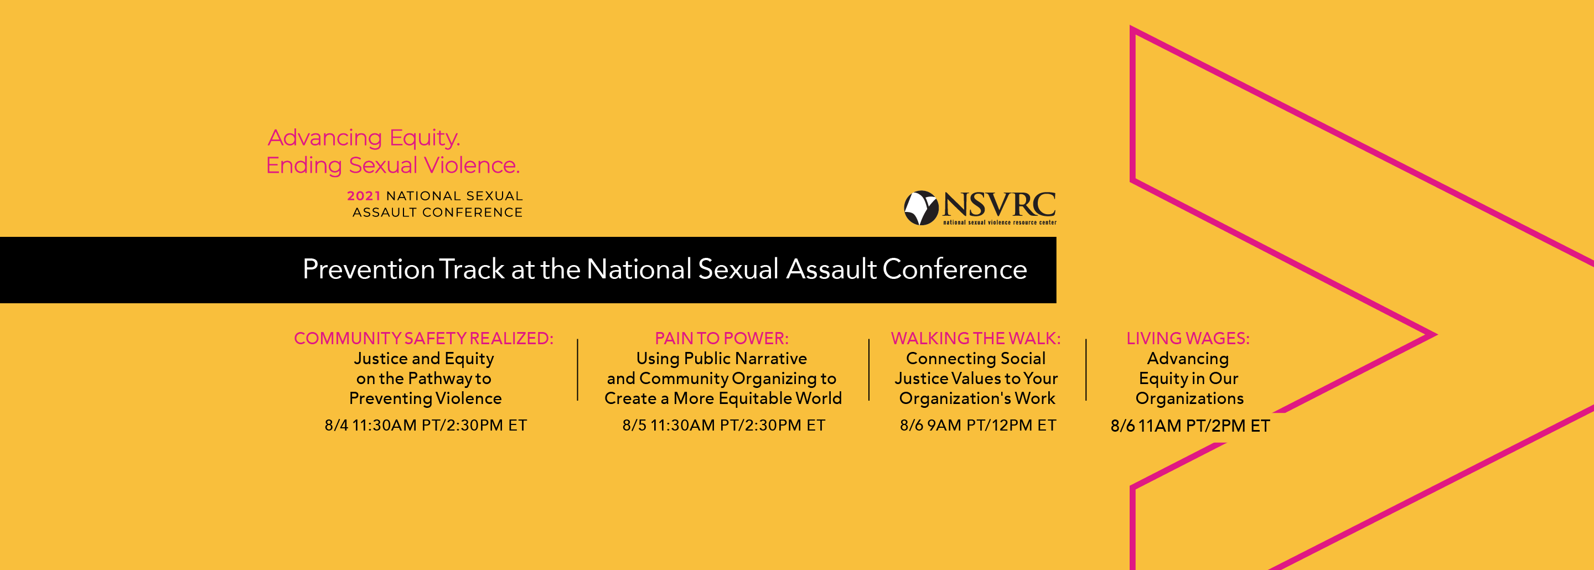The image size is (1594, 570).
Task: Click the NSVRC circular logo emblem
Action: (922, 208)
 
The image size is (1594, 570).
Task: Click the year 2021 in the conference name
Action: (364, 196)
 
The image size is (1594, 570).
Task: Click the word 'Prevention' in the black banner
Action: (369, 269)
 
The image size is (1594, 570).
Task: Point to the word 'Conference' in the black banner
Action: (955, 269)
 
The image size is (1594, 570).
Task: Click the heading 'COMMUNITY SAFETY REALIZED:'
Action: (424, 339)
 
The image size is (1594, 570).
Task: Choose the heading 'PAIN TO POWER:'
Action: (722, 339)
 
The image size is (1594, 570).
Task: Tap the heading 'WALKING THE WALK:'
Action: (976, 339)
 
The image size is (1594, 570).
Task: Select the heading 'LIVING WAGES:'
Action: (1188, 339)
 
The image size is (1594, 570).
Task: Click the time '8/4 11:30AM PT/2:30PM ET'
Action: (426, 425)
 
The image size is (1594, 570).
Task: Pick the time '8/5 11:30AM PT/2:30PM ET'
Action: (724, 425)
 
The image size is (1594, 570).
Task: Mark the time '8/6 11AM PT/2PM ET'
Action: (1190, 426)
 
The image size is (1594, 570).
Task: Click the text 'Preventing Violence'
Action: (426, 398)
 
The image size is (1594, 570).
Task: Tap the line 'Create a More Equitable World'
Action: (723, 398)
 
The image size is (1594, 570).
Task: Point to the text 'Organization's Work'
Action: (977, 398)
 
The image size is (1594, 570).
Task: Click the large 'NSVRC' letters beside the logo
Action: (1000, 204)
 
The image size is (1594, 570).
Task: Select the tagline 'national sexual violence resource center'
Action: (1000, 222)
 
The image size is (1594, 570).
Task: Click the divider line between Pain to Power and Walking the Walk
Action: (869, 370)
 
